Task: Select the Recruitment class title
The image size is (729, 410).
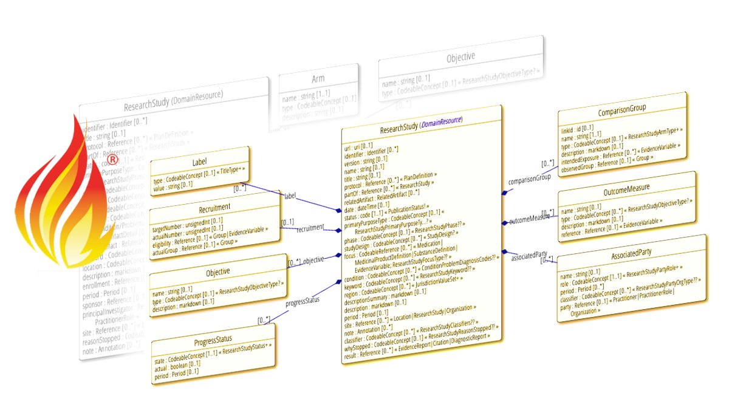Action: pos(214,208)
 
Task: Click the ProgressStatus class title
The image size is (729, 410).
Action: pos(214,338)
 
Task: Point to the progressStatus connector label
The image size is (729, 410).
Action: pos(303,299)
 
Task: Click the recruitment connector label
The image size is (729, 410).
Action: pos(310,229)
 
